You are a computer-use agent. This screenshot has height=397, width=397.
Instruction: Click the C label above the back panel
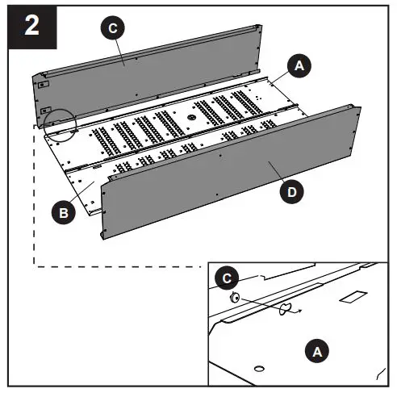pyautogui.click(x=113, y=27)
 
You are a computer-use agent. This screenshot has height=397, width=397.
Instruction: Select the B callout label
pyautogui.click(x=61, y=213)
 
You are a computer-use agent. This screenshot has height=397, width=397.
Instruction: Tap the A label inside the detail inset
pyautogui.click(x=316, y=351)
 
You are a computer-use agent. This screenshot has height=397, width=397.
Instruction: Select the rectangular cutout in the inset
pyautogui.click(x=351, y=299)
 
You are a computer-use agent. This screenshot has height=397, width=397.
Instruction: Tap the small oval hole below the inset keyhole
pyautogui.click(x=258, y=369)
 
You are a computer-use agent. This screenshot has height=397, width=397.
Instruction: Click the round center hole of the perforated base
pyautogui.click(x=192, y=117)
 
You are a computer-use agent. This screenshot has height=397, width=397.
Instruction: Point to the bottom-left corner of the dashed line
pyautogui.click(x=33, y=265)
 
